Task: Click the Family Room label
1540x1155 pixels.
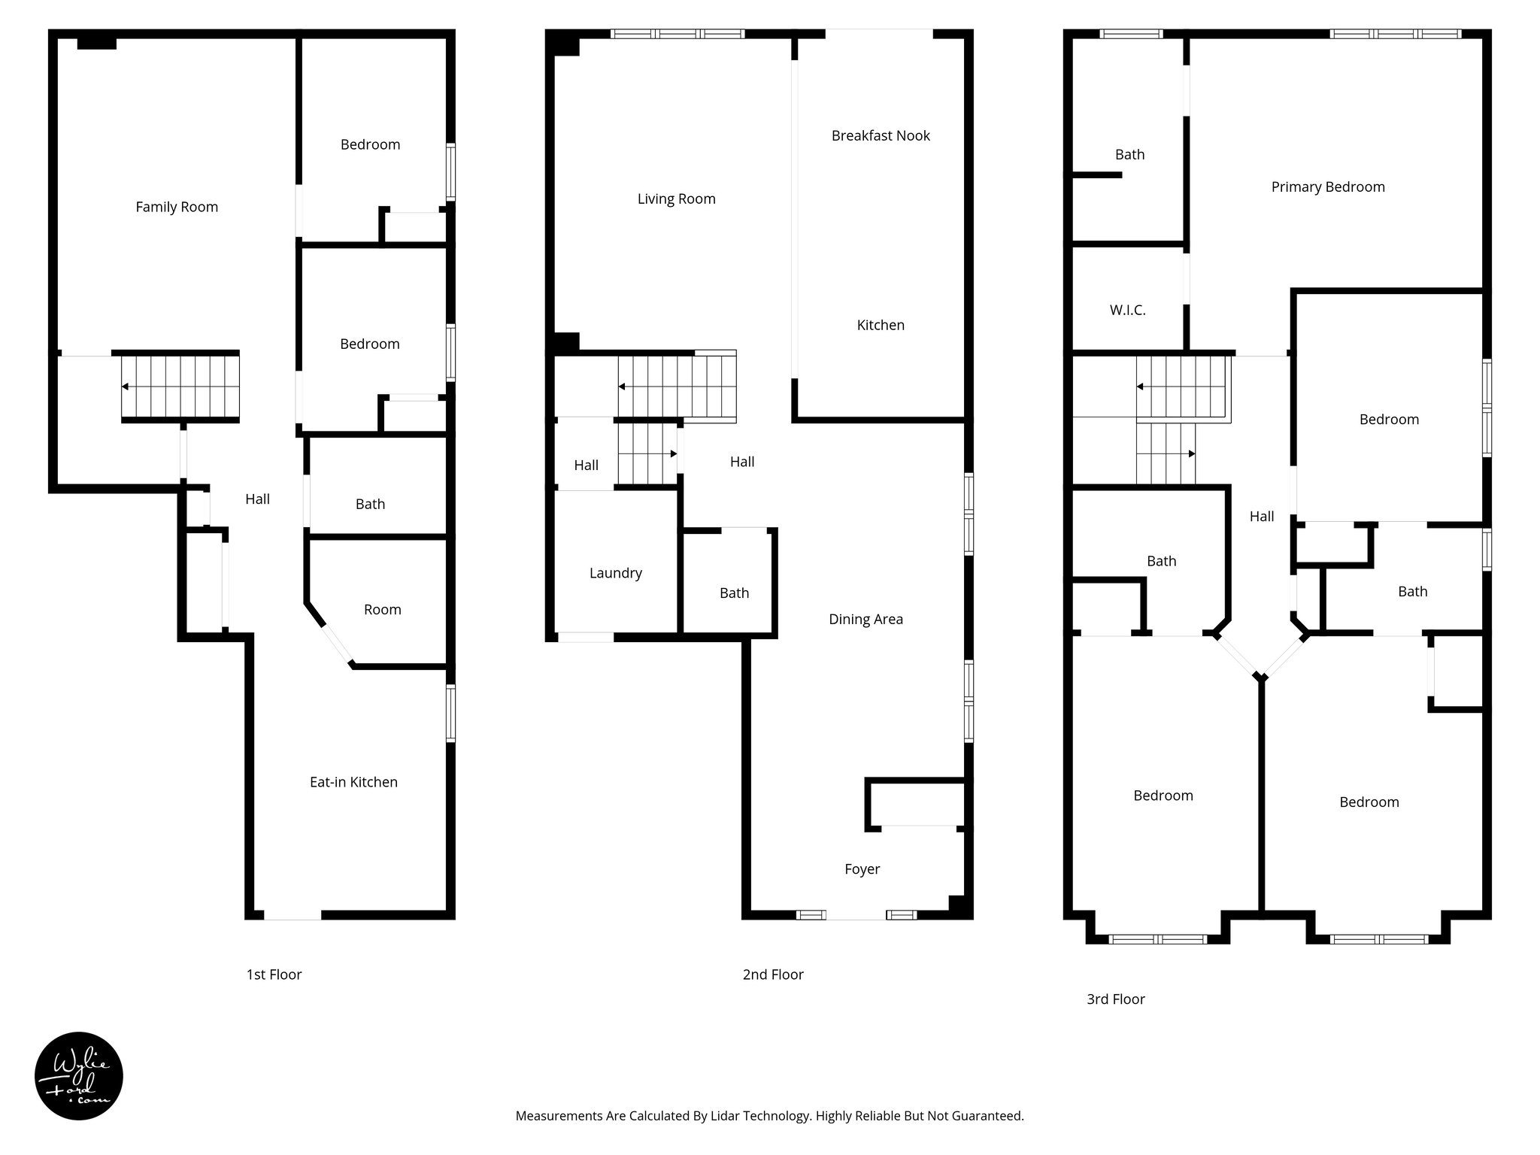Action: tap(177, 207)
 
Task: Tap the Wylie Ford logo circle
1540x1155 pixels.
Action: tap(79, 1076)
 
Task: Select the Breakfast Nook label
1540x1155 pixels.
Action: tap(881, 136)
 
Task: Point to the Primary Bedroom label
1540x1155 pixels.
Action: tap(1328, 187)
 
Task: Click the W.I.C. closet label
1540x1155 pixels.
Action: tap(1127, 311)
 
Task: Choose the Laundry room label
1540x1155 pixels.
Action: tap(615, 573)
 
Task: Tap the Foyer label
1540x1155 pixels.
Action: tap(862, 869)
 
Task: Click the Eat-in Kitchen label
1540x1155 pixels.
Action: tap(353, 782)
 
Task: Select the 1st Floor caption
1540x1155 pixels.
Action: tap(274, 975)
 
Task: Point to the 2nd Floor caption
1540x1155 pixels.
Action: tap(773, 975)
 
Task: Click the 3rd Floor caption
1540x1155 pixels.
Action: tap(1115, 999)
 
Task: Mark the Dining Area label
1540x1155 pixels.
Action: tap(865, 620)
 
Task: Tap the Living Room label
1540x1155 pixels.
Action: tap(676, 199)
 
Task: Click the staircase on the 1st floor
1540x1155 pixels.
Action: tap(180, 387)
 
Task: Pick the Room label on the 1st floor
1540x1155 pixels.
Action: tap(382, 610)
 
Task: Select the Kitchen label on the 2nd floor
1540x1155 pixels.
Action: tap(881, 326)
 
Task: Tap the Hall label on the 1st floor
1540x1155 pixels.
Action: tap(257, 499)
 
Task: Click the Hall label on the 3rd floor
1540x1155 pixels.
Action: tap(1262, 517)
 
